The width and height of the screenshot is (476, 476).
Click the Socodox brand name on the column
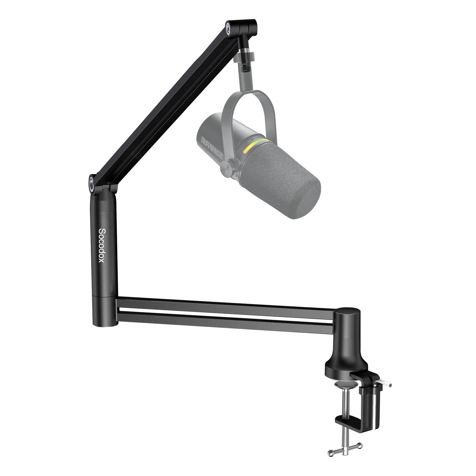click(101, 245)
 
